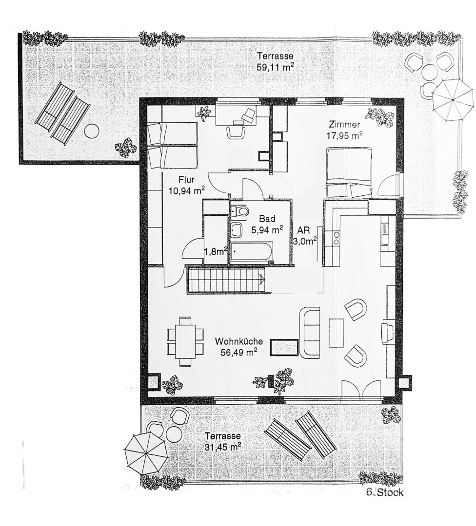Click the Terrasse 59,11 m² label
[x=275, y=61]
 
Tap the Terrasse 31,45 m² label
[x=223, y=441]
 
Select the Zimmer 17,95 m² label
[x=345, y=130]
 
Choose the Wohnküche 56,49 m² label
[x=239, y=347]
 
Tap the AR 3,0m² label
[x=305, y=236]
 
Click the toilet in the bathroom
[x=239, y=211]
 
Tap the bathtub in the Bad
[x=251, y=250]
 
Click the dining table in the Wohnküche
[x=185, y=341]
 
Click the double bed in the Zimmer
[x=349, y=172]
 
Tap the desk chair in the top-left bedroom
[x=236, y=131]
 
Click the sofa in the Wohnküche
[x=309, y=333]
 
